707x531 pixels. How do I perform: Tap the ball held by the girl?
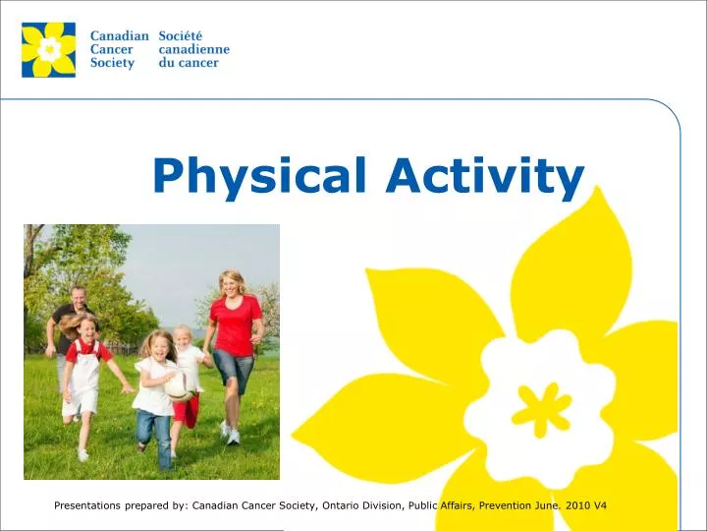[179, 385]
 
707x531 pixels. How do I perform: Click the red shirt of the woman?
[236, 324]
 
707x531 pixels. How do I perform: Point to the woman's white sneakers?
[230, 433]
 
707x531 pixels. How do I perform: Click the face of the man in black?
[78, 297]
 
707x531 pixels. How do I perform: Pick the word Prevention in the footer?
[501, 505]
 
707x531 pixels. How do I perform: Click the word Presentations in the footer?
[90, 505]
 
